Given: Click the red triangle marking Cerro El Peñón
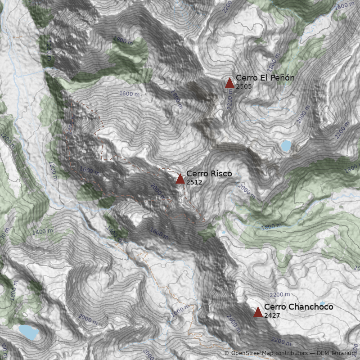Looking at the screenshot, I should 229,83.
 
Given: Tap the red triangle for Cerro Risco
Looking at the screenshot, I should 180,179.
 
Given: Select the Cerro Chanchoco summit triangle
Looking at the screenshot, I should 258,312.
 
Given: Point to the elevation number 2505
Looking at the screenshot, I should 244,86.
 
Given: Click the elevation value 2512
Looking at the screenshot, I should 194,182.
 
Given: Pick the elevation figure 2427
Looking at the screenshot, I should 272,315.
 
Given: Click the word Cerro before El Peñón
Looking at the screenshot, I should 246,78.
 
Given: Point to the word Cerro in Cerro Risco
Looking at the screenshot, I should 196,174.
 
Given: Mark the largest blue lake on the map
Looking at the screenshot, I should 28,332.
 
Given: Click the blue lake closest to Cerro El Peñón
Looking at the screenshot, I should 286,145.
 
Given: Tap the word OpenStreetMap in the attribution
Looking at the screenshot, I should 252,353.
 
